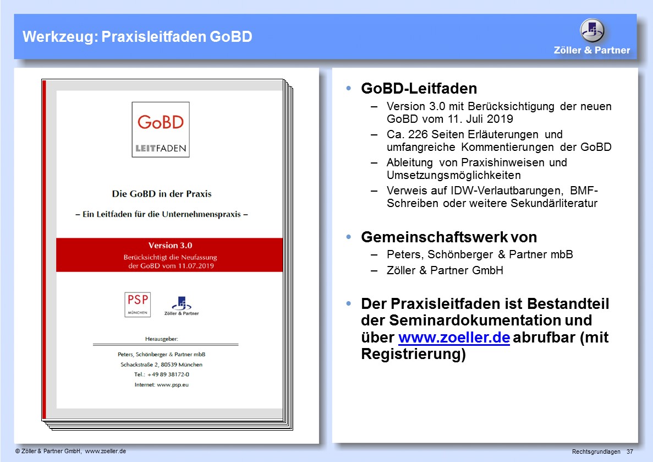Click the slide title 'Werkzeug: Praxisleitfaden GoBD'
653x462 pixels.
point(137,37)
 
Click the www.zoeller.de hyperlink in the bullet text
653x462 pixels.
point(454,338)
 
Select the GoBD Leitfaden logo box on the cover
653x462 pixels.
point(161,129)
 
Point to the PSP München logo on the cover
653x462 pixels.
point(137,304)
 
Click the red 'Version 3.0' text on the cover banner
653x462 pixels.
point(170,246)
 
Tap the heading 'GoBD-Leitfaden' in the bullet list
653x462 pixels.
point(419,88)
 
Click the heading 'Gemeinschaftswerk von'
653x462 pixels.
point(448,237)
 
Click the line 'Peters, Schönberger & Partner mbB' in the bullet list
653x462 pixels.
point(480,255)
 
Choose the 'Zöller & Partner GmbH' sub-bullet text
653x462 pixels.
point(445,270)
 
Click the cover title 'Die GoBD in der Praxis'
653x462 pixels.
point(162,194)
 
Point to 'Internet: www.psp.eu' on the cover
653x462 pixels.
point(162,384)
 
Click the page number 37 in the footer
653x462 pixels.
point(629,452)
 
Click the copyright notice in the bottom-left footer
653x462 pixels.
point(71,451)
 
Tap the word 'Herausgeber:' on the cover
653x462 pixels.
point(162,338)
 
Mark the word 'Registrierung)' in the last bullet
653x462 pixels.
point(413,355)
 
